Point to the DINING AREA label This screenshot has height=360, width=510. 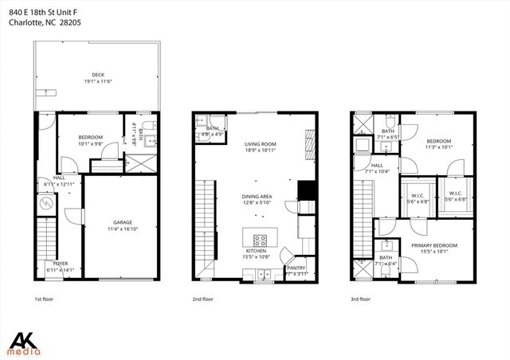pyautogui.click(x=258, y=196)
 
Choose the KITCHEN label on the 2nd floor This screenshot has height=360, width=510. pyautogui.click(x=257, y=251)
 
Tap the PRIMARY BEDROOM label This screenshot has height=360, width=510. pyautogui.click(x=434, y=245)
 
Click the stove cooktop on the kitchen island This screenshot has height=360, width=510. pyautogui.click(x=260, y=239)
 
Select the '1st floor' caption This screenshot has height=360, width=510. pyautogui.click(x=44, y=299)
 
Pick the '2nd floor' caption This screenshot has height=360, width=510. pyautogui.click(x=202, y=299)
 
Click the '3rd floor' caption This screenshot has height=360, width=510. pyautogui.click(x=361, y=299)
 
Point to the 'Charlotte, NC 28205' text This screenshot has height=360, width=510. pyautogui.click(x=46, y=22)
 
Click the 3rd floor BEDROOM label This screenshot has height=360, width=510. pyautogui.click(x=438, y=141)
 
